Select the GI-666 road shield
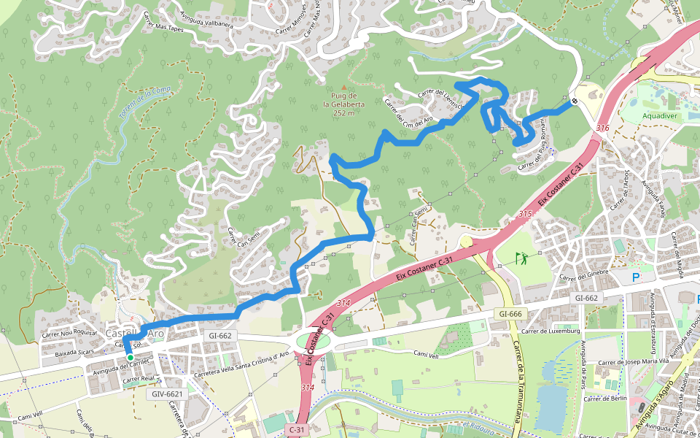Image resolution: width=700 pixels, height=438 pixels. coord(510,313)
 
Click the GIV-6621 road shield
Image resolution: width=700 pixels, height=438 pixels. coord(167,393)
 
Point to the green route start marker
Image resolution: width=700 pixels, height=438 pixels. coord(130,357)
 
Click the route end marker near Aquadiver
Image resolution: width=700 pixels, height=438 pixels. coord(575,101)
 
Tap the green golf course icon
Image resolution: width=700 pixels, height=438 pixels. coord(521,258)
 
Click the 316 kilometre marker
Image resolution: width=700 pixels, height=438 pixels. coord(602,128)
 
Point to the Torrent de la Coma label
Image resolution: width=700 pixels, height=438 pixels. coord(144,104)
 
